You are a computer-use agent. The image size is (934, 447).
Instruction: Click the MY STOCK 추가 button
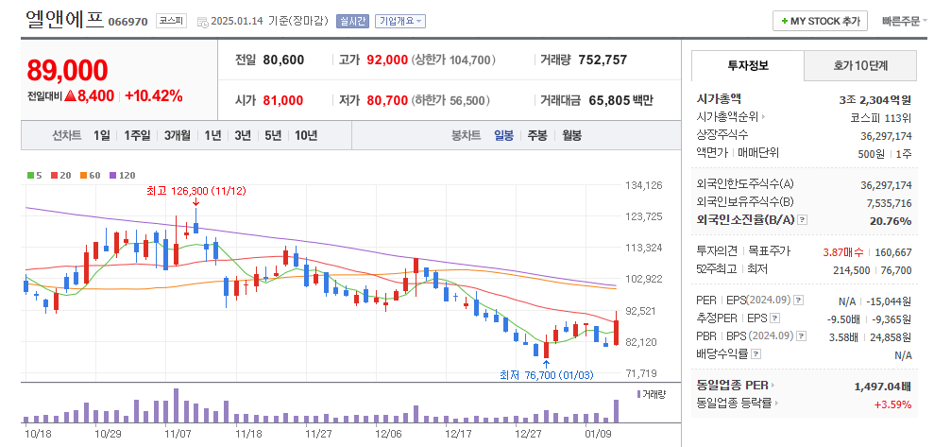point(820,21)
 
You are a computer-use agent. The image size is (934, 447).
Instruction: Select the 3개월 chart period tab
point(177,135)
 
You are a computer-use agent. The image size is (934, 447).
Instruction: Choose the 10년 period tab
point(305,135)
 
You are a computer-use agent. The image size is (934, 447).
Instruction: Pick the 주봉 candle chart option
point(537,135)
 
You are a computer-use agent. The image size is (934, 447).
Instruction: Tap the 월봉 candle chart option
point(571,135)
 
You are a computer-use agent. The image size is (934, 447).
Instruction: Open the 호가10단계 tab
point(860,65)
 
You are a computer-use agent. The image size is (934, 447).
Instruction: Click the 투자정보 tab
point(748,65)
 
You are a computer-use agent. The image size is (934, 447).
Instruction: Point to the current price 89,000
point(67,70)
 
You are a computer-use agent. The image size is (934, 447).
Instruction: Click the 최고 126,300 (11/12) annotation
point(195,190)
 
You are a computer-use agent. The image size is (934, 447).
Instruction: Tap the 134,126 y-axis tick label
point(644,185)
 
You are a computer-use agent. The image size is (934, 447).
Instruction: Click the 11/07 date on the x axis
point(178,433)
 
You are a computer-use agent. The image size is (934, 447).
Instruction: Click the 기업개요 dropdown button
point(400,21)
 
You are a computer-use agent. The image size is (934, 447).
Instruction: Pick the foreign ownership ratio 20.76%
point(891,221)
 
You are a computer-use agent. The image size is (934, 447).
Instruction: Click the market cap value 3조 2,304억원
point(875,99)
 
